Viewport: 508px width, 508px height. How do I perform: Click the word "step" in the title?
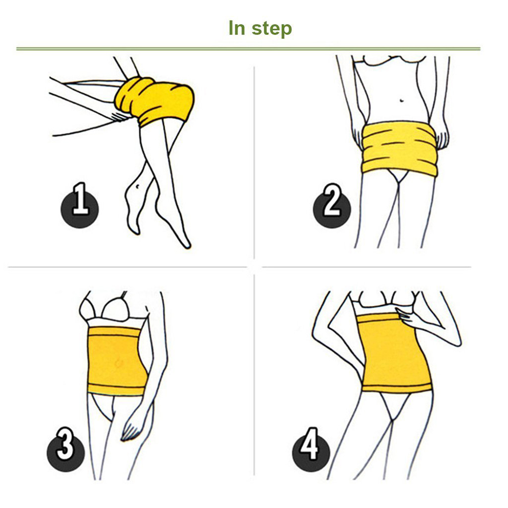tap(272, 28)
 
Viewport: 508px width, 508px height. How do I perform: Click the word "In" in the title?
tap(237, 28)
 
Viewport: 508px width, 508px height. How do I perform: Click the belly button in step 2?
tap(402, 100)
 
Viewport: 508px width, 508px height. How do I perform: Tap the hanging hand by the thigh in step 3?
tap(131, 427)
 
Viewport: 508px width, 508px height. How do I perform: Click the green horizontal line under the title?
tap(248, 49)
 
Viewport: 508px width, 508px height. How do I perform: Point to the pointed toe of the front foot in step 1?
tap(187, 245)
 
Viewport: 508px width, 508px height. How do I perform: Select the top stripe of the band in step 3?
tap(113, 331)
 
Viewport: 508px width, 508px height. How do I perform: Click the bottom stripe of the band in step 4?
tap(397, 387)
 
